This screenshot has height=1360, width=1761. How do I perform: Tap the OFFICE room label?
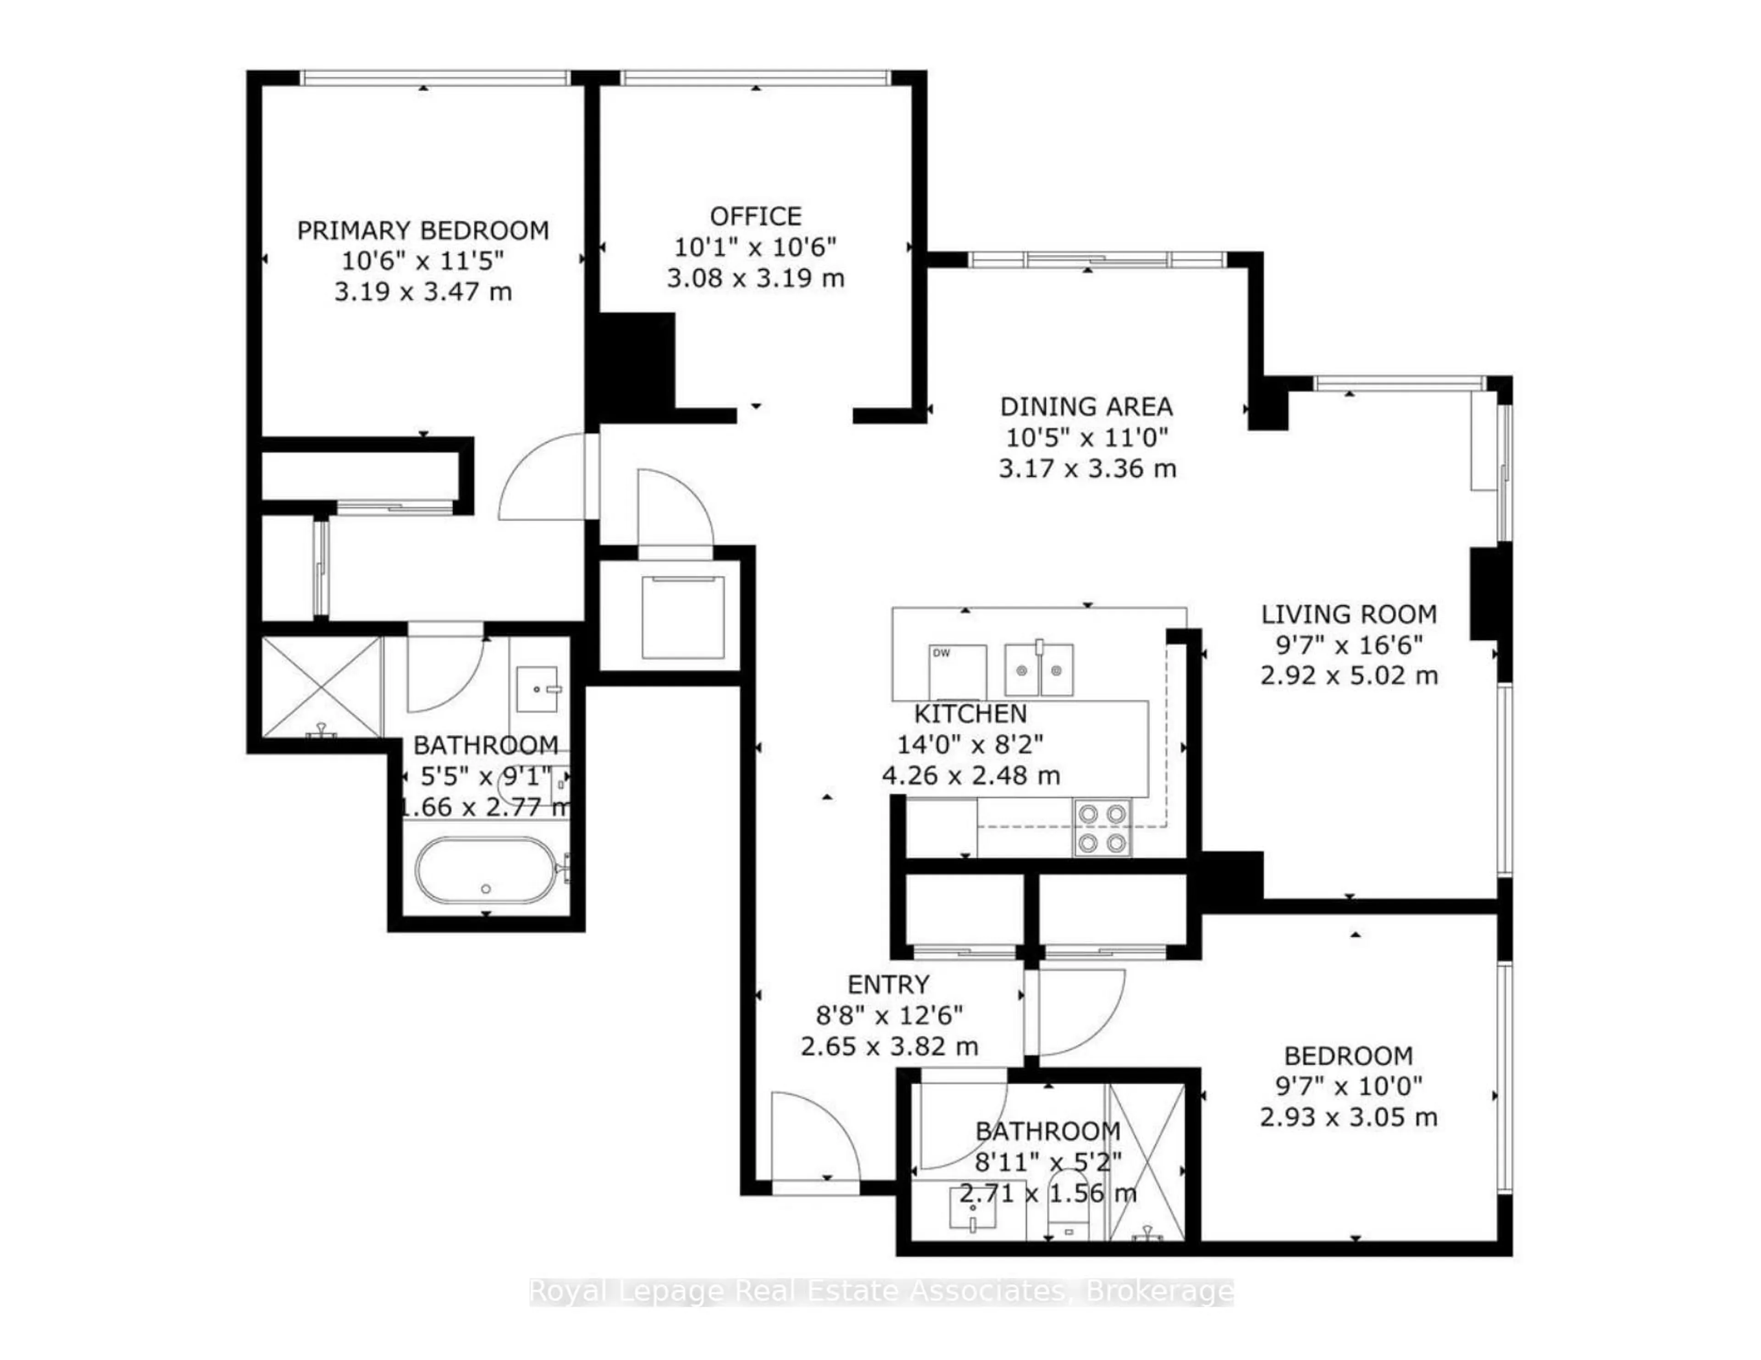(x=755, y=216)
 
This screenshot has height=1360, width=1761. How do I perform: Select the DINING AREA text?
(x=1086, y=406)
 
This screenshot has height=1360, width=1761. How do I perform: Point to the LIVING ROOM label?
(x=1349, y=614)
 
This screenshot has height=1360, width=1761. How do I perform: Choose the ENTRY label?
(x=889, y=984)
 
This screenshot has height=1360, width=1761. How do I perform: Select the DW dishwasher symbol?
(x=957, y=672)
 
